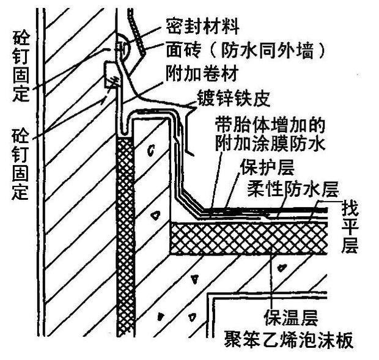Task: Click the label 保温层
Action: [x=287, y=317]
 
